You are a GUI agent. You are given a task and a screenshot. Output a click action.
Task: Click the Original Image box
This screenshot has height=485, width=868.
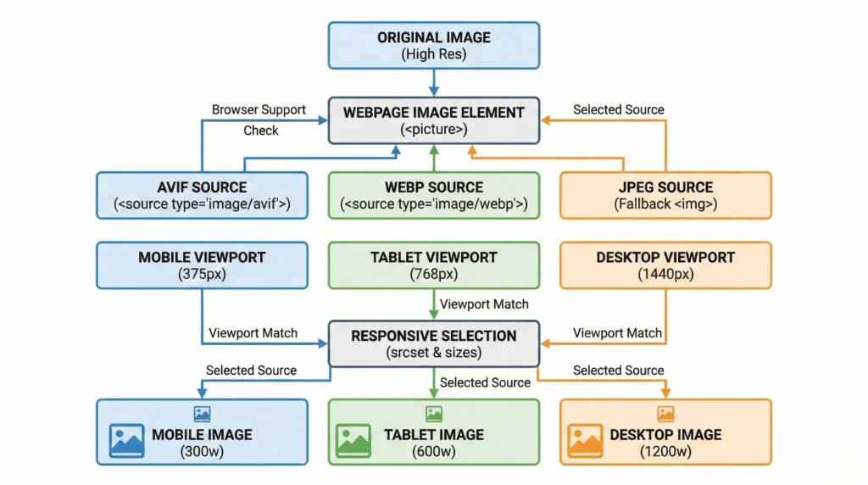pyautogui.click(x=433, y=46)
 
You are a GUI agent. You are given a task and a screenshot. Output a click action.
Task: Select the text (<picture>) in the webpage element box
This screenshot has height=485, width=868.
pyautogui.click(x=433, y=130)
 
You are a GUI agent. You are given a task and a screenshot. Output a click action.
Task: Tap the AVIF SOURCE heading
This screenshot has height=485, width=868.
pyautogui.click(x=202, y=187)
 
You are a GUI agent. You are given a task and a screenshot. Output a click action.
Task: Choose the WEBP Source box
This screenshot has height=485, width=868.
pyautogui.click(x=433, y=195)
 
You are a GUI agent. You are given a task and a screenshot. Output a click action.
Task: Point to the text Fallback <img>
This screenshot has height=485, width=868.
pyautogui.click(x=665, y=204)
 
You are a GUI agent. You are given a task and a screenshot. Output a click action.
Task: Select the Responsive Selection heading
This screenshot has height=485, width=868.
pyautogui.click(x=433, y=336)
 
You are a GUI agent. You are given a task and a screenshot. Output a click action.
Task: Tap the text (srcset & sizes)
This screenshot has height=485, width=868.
pyautogui.click(x=433, y=353)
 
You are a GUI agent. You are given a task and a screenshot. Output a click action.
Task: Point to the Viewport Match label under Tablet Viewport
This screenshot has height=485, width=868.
pyautogui.click(x=484, y=304)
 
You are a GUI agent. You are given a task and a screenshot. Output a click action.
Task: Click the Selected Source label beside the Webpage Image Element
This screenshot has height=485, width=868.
pyautogui.click(x=618, y=109)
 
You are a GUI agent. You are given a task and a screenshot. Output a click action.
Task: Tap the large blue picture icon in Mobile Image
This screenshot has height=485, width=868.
pyautogui.click(x=126, y=440)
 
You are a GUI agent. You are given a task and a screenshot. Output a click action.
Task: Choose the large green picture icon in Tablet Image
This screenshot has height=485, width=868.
pyautogui.click(x=353, y=440)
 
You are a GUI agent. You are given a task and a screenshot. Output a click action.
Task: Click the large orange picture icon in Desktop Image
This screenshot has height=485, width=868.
pyautogui.click(x=586, y=440)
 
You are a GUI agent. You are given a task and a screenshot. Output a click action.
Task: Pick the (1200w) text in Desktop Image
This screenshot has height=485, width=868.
pyautogui.click(x=665, y=452)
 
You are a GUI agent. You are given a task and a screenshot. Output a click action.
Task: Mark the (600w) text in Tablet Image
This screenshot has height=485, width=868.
pyautogui.click(x=433, y=452)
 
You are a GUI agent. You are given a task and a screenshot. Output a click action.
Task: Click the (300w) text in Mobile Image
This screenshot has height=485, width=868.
pyautogui.click(x=202, y=452)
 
